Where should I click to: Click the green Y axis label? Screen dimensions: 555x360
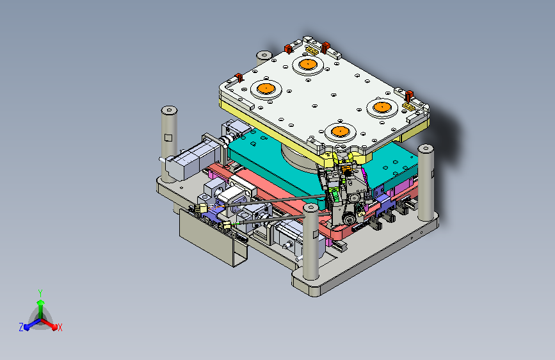(40, 293)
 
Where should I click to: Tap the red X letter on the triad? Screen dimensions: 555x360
(60, 328)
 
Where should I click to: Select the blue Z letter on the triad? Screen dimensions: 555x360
(21, 327)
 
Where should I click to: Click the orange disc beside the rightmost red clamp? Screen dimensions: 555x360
(382, 107)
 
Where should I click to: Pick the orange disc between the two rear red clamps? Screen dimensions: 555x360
(307, 65)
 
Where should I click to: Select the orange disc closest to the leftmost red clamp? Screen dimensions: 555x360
(266, 88)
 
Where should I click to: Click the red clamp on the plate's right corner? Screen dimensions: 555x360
(409, 95)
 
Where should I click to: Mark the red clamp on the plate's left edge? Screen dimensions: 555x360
(239, 78)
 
